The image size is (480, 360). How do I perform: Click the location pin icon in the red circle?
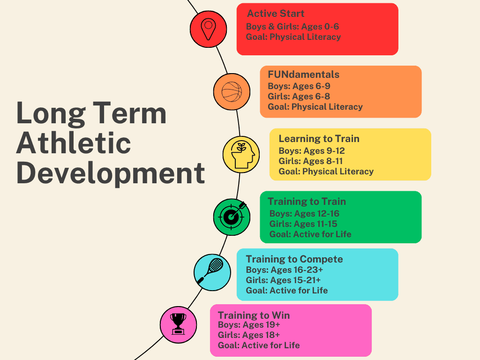click(x=208, y=29)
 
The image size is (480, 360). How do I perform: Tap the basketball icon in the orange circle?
click(x=232, y=91)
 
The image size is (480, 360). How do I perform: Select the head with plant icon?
click(x=242, y=155)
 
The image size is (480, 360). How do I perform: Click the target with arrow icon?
click(x=232, y=216)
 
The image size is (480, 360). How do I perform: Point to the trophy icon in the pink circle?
click(x=178, y=324)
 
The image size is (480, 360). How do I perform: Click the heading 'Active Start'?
click(x=276, y=14)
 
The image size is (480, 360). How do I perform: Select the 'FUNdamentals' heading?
click(x=303, y=75)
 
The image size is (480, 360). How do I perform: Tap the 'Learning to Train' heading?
click(x=319, y=139)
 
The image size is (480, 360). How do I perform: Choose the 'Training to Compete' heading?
click(x=294, y=259)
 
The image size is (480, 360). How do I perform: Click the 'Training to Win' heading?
click(x=254, y=315)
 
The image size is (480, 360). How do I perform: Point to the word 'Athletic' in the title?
click(x=74, y=143)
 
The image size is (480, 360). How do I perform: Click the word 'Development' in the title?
click(x=111, y=173)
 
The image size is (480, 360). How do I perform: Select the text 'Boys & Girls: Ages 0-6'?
click(x=292, y=27)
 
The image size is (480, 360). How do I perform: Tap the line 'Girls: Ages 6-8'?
click(x=299, y=97)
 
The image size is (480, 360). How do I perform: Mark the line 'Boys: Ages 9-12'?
click(x=312, y=151)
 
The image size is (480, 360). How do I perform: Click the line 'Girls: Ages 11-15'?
click(x=303, y=224)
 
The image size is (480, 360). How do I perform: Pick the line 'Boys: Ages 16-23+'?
click(x=285, y=270)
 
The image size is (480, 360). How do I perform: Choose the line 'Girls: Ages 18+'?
click(x=248, y=335)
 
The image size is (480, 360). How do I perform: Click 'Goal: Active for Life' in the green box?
click(x=310, y=234)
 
